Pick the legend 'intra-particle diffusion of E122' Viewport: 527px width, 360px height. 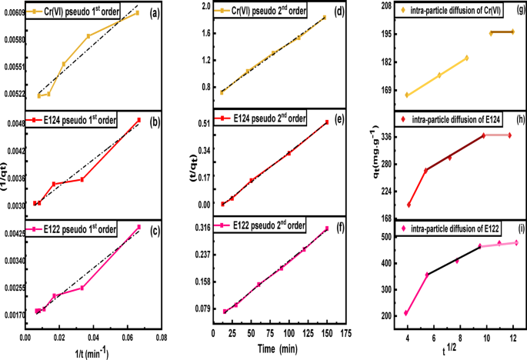pos(455,229)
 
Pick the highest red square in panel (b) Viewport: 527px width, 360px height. pos(139,120)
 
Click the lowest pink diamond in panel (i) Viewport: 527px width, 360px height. pos(406,313)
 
